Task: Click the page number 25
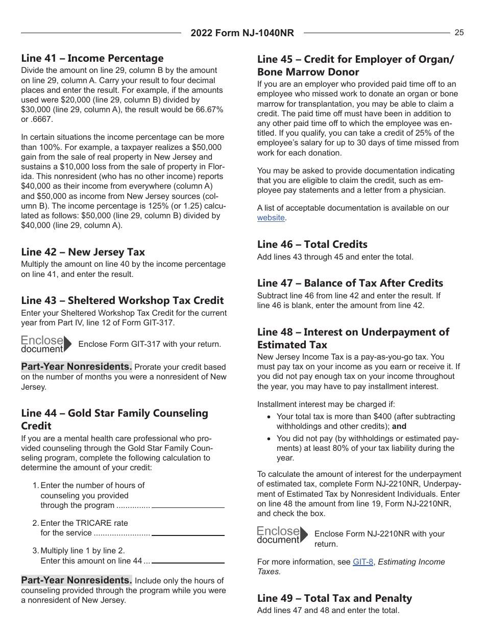pos(459,33)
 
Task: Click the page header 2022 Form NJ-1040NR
pos(242,33)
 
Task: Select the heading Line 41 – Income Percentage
pos(92,58)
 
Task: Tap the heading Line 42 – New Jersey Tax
pos(83,252)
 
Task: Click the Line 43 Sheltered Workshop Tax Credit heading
pos(123,300)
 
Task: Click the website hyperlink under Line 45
pos(271,218)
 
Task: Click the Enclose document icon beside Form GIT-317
pos(46,344)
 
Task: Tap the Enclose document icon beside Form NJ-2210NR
pos(282,535)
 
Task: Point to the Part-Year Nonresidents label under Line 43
pos(77,367)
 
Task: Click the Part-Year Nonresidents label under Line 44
pos(77,580)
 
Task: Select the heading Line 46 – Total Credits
pos(312,244)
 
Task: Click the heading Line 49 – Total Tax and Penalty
pos(334,598)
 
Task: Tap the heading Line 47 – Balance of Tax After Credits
pos(350,283)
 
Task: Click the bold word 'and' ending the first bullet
pos(399,426)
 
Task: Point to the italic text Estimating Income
pos(411,562)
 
